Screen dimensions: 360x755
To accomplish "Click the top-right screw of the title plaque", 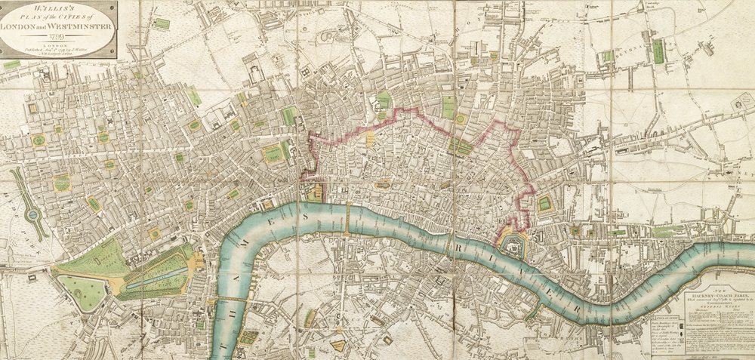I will [x=113, y=5].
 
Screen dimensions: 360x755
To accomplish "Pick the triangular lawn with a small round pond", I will [x=82, y=291].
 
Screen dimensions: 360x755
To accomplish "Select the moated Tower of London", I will [x=515, y=243].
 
